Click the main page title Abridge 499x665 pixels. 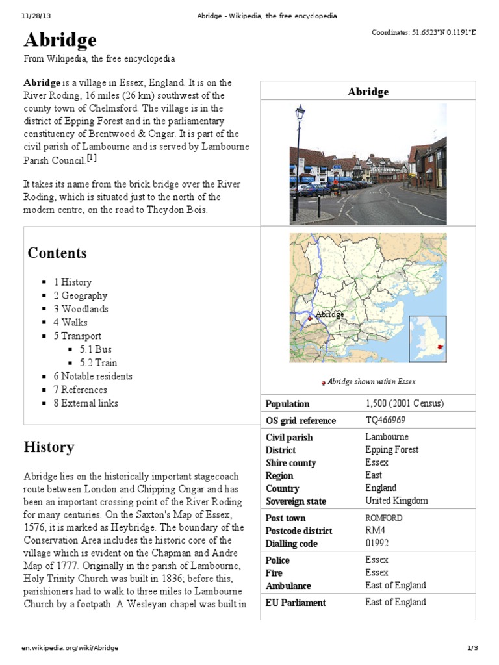click(60, 40)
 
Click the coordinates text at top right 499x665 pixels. click(424, 32)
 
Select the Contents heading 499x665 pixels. click(57, 253)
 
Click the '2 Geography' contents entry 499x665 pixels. click(80, 295)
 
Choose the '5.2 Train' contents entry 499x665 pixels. click(98, 363)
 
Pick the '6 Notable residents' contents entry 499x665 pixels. click(93, 376)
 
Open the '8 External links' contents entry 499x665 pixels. click(86, 403)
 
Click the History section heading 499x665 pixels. click(49, 447)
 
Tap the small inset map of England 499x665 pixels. click(428, 338)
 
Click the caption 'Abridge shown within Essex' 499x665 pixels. click(371, 382)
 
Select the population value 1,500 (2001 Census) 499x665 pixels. click(404, 403)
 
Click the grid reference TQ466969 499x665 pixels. click(385, 420)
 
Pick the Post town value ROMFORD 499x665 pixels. click(383, 518)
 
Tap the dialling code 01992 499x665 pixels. click(377, 543)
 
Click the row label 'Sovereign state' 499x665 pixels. click(296, 501)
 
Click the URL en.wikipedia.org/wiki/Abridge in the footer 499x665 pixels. click(70, 648)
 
